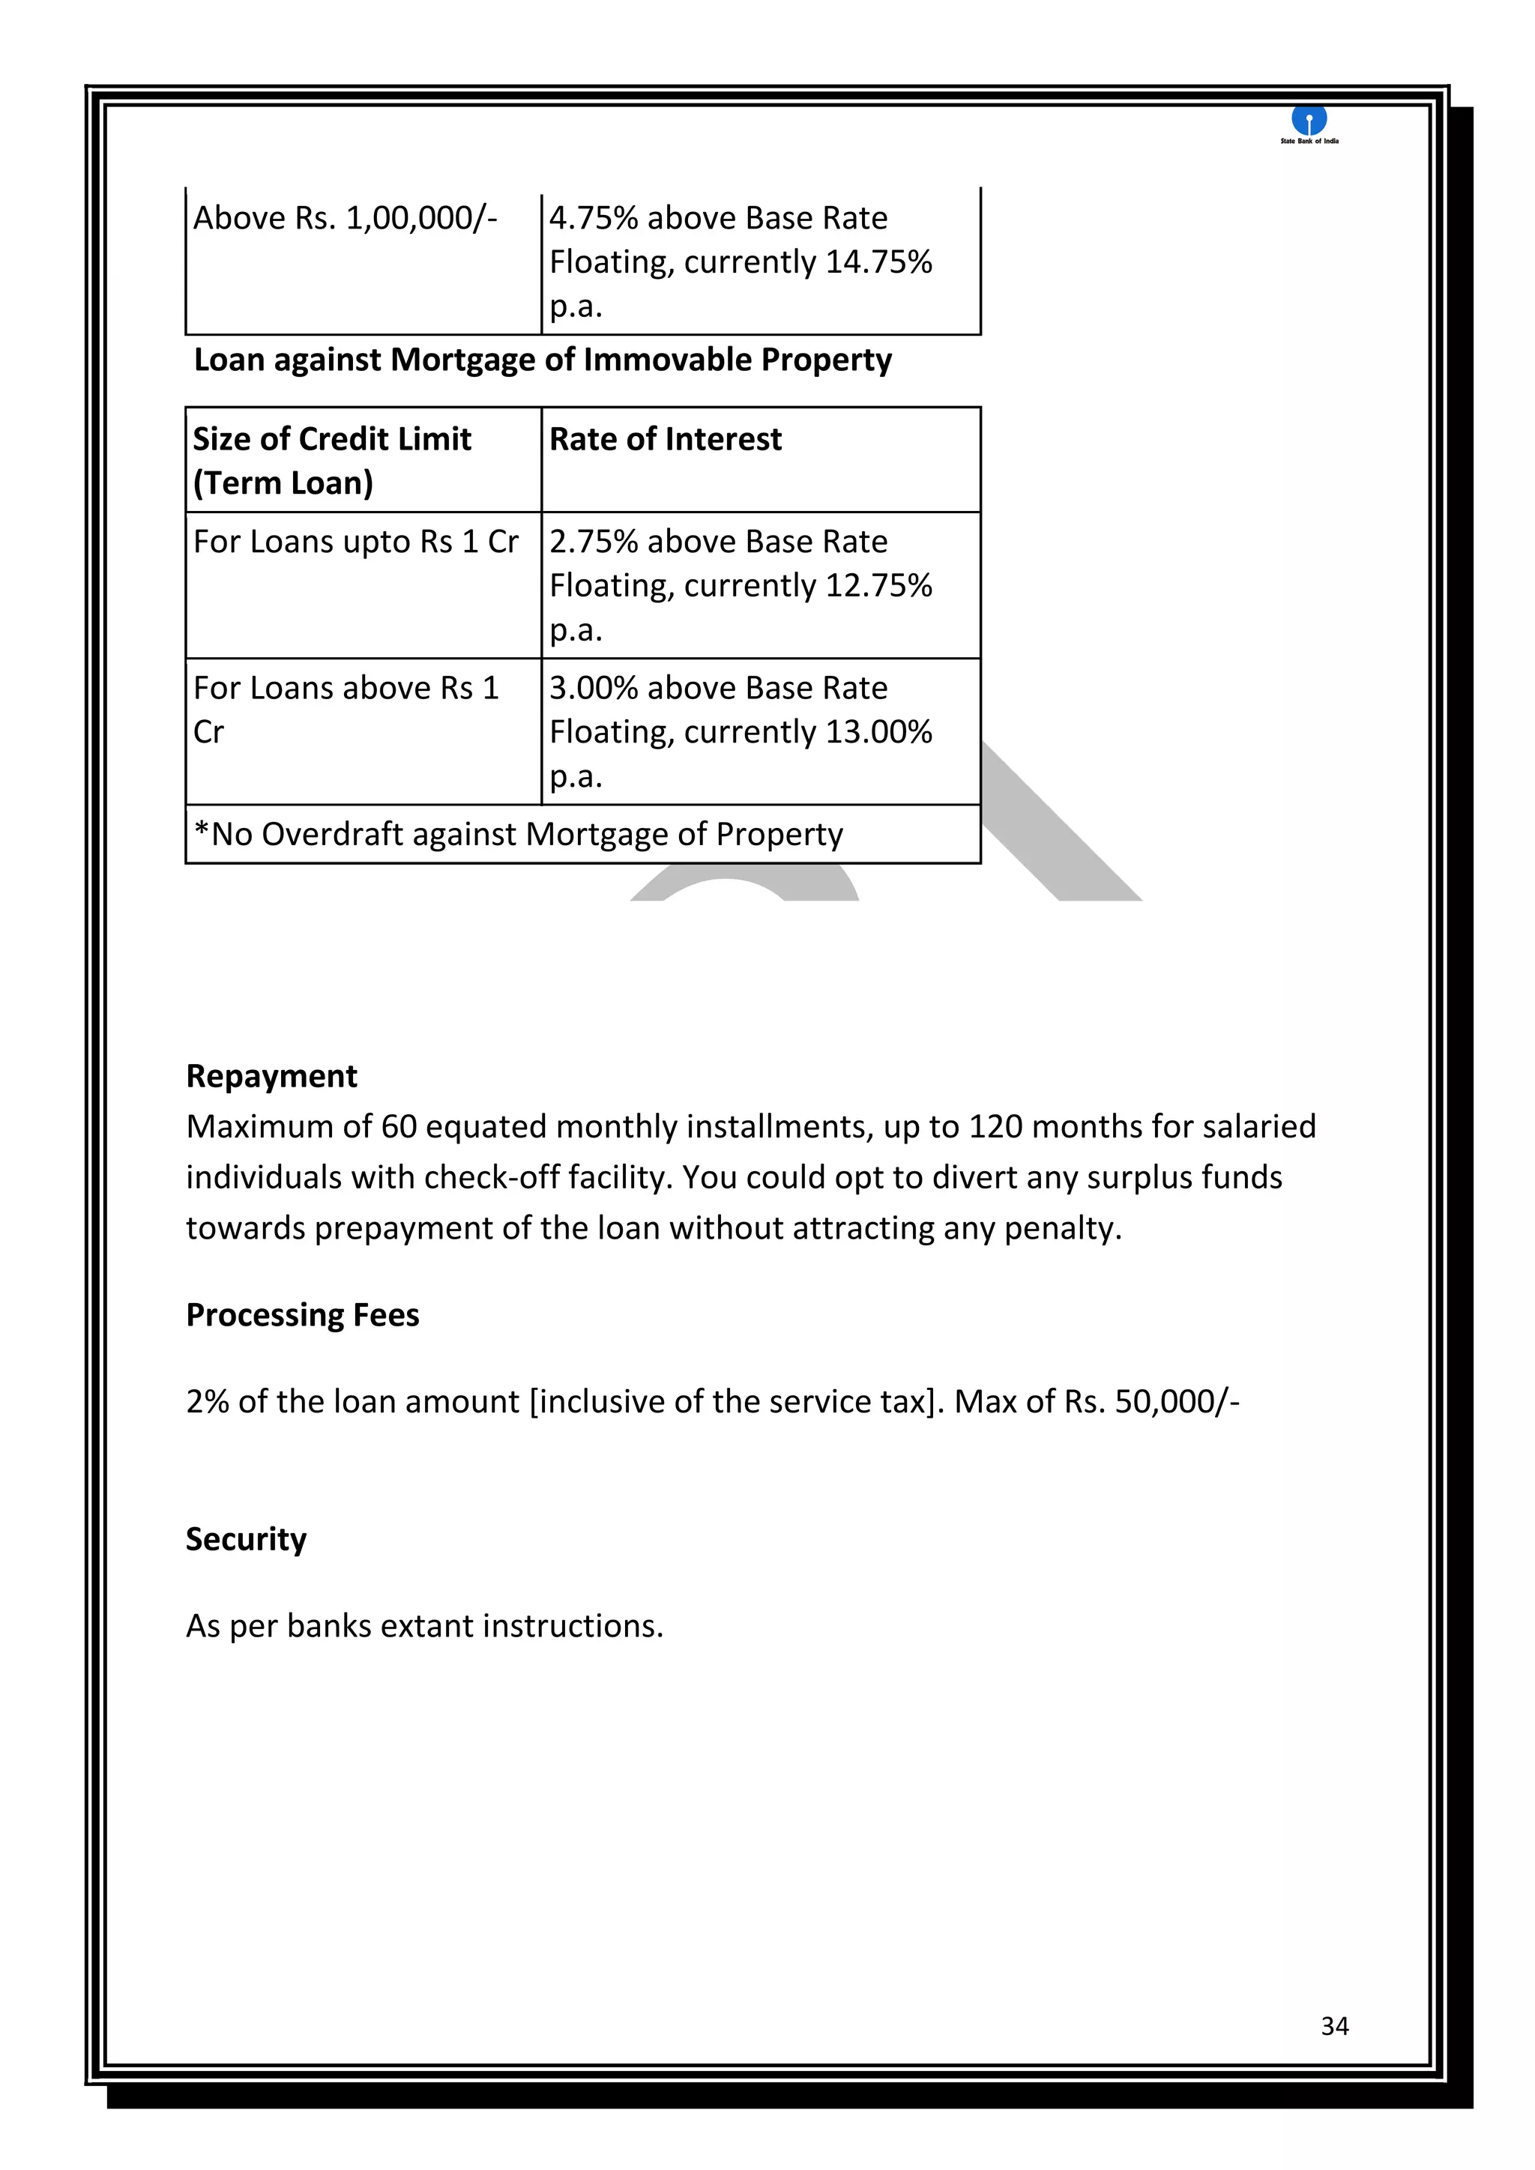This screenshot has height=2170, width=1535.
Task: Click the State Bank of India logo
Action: pyautogui.click(x=1309, y=124)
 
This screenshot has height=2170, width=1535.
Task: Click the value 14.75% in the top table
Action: pyautogui.click(x=878, y=262)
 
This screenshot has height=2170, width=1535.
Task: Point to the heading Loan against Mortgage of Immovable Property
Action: pyautogui.click(x=543, y=360)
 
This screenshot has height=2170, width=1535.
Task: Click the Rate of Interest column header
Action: pyautogui.click(x=666, y=440)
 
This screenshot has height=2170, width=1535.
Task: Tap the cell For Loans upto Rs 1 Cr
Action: pyautogui.click(x=355, y=542)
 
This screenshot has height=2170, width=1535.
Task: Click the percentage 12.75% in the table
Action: pyautogui.click(x=878, y=586)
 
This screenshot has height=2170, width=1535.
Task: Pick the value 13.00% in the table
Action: pyautogui.click(x=878, y=731)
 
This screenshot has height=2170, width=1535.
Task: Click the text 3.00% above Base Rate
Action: pyautogui.click(x=718, y=688)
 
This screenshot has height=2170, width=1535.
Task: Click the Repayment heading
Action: pyautogui.click(x=271, y=1075)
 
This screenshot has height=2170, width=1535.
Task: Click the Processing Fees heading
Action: pyautogui.click(x=303, y=1315)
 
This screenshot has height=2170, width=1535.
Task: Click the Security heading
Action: pyautogui.click(x=246, y=1538)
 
